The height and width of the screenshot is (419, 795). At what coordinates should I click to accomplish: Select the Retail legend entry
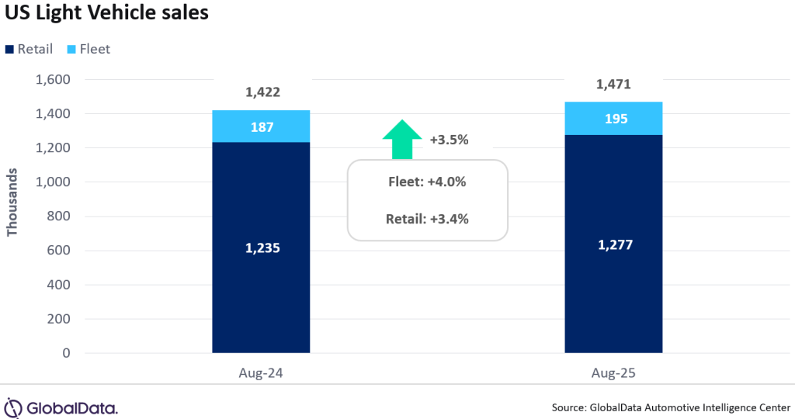click(30, 49)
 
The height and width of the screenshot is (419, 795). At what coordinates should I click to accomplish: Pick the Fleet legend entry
click(89, 49)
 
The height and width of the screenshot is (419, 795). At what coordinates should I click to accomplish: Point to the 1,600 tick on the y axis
click(54, 80)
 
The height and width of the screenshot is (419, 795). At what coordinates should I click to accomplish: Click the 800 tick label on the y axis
click(60, 216)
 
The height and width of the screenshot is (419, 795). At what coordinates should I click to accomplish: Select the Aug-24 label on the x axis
click(261, 373)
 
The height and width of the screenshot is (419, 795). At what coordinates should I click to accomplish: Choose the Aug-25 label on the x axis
click(613, 373)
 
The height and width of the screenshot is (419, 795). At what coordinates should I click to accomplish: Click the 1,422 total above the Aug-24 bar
click(262, 93)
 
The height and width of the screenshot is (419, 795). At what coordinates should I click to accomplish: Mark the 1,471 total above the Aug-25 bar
click(613, 85)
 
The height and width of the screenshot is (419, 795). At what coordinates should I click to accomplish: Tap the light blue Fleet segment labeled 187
click(262, 126)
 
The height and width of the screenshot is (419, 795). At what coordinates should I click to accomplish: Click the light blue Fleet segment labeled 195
click(613, 119)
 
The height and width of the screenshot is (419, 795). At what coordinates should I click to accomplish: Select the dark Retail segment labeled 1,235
click(262, 248)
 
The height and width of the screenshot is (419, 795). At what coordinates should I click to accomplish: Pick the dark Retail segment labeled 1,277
click(613, 244)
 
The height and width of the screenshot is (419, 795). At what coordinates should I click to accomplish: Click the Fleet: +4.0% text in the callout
click(427, 182)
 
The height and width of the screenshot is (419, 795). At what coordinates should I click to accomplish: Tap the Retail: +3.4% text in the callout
click(427, 219)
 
